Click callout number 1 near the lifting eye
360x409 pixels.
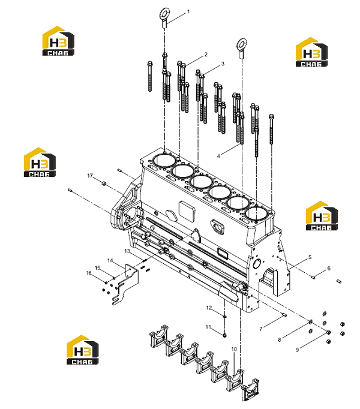point(188,12)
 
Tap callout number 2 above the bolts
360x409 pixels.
point(206,54)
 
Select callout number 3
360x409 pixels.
point(223,64)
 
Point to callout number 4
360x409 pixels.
point(218,156)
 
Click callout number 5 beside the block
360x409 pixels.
point(310,257)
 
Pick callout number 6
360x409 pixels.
point(329,268)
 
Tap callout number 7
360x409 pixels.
point(261,329)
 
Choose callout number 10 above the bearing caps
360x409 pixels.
point(234,349)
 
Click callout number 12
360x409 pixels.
point(209,308)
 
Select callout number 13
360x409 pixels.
point(127,251)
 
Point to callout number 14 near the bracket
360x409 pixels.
point(110,261)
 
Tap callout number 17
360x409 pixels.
point(90,176)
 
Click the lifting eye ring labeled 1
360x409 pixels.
point(165,13)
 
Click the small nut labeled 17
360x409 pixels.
point(103,184)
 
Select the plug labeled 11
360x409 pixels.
point(225,335)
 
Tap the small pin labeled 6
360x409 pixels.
point(313,277)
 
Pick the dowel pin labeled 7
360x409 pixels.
point(284,315)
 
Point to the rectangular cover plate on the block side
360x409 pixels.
point(187,211)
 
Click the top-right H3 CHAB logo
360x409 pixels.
point(311,52)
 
